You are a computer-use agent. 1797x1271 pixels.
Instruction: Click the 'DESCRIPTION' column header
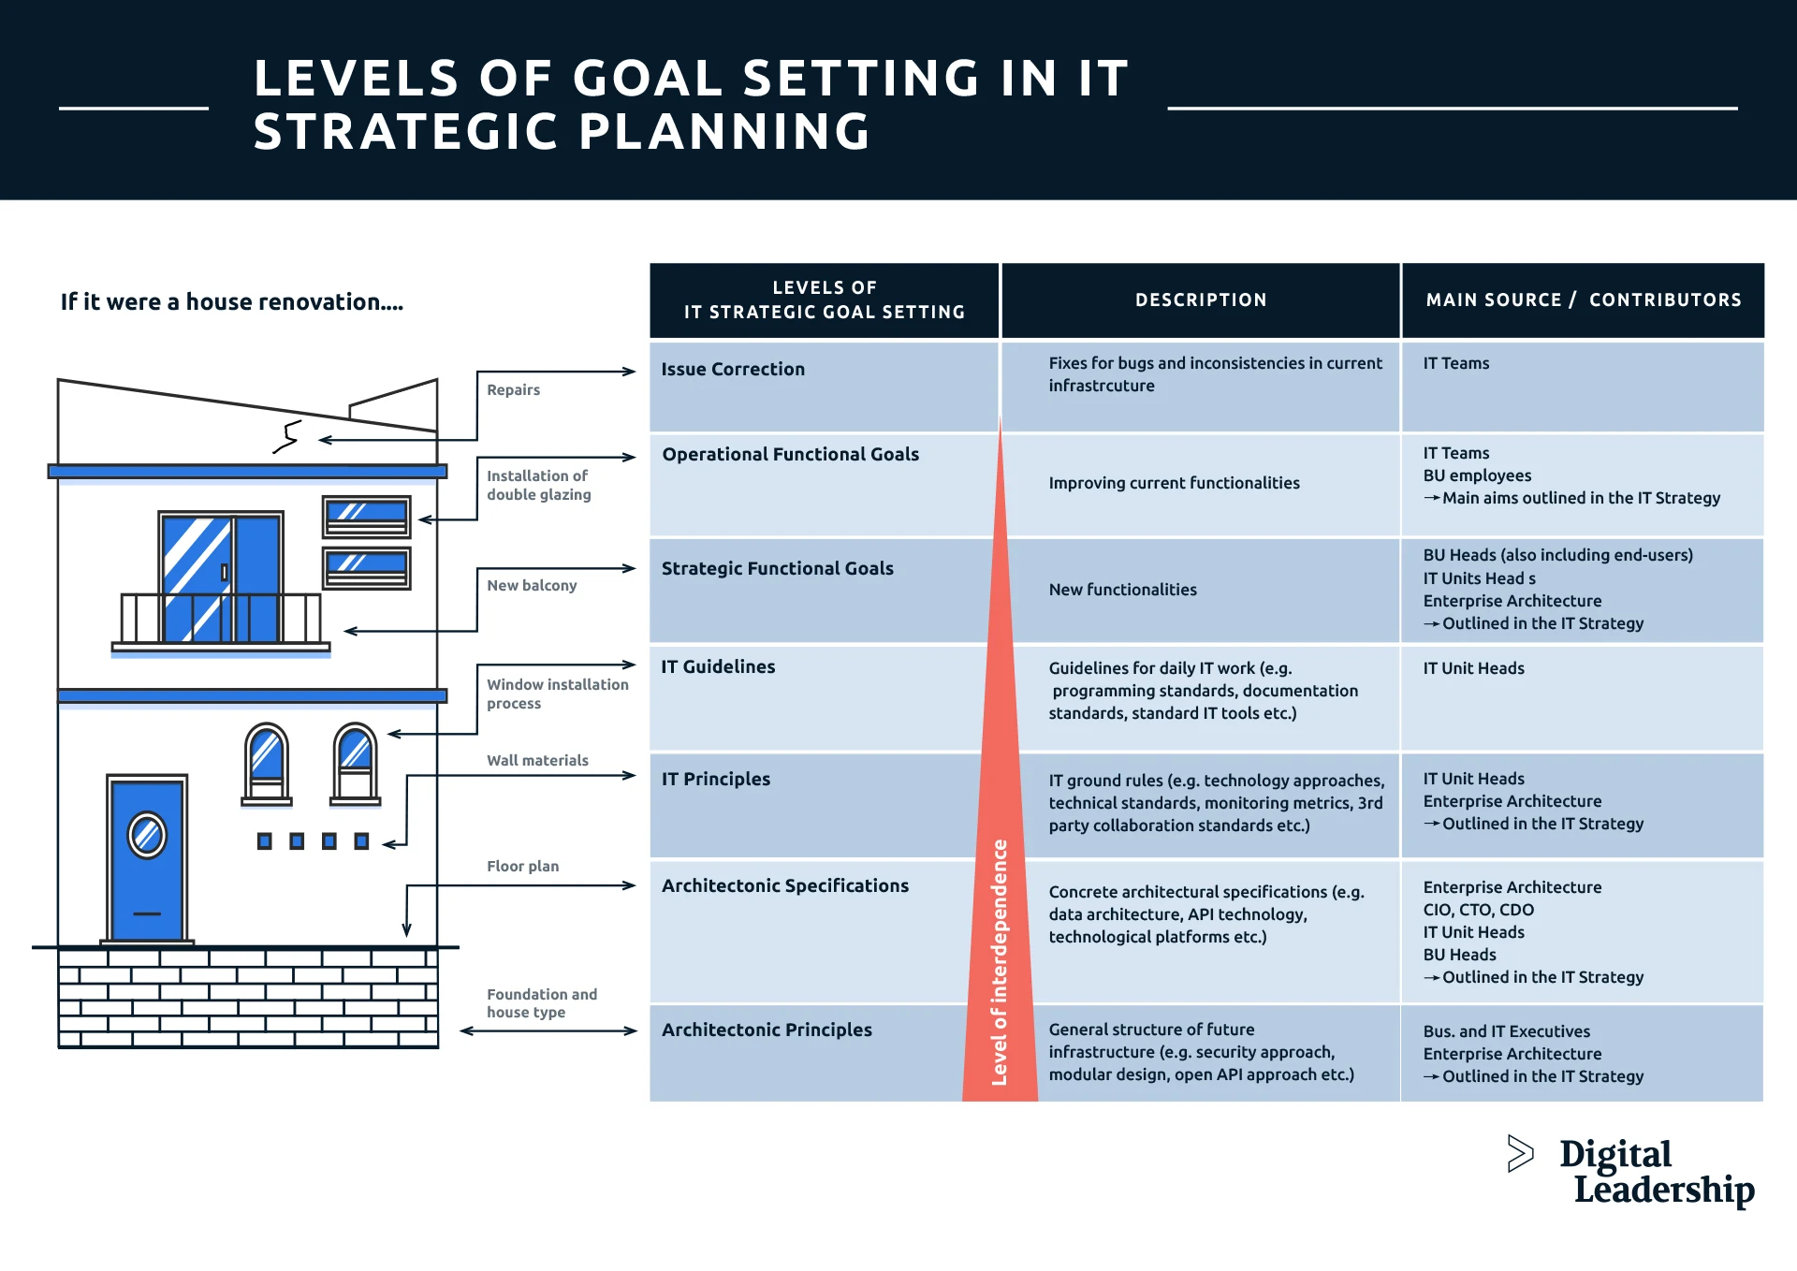pos(1200,300)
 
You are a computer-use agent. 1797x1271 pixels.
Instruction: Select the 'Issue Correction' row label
pos(733,370)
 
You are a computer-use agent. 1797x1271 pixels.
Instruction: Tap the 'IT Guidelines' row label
pos(718,667)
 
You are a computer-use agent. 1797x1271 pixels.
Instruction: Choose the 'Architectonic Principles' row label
pos(767,1030)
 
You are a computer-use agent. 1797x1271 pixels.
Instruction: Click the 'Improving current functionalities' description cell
pos(1174,483)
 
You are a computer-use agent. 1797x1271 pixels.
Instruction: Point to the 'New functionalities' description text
pos(1122,590)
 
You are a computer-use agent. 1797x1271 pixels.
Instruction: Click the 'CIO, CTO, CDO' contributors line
pos(1478,910)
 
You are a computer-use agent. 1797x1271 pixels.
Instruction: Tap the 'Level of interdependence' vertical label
pos(1000,962)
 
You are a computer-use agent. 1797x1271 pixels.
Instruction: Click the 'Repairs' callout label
pos(513,390)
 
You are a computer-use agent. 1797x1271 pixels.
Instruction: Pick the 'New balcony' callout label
pos(532,586)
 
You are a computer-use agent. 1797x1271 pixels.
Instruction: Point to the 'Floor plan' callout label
pos(522,867)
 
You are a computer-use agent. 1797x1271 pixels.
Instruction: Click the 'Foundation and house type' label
pos(541,1003)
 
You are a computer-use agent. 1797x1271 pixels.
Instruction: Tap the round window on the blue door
pos(147,835)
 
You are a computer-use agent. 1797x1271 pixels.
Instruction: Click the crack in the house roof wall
pos(287,437)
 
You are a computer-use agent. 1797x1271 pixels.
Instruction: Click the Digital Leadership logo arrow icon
pos(1520,1153)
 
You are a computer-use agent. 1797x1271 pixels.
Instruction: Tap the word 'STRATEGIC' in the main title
pos(405,132)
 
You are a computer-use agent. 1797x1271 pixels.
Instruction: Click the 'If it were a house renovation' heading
pos(232,302)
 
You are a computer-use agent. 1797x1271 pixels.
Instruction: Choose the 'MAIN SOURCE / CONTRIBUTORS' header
pos(1583,300)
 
